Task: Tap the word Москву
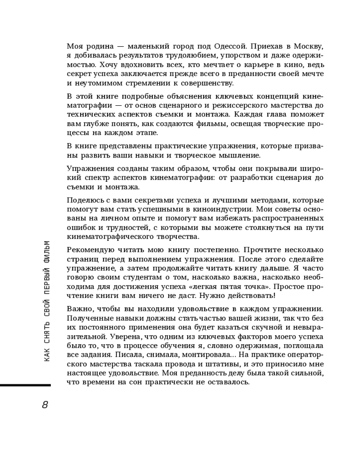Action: (x=308, y=46)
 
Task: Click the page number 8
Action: (x=45, y=405)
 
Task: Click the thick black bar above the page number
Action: (x=25, y=385)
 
